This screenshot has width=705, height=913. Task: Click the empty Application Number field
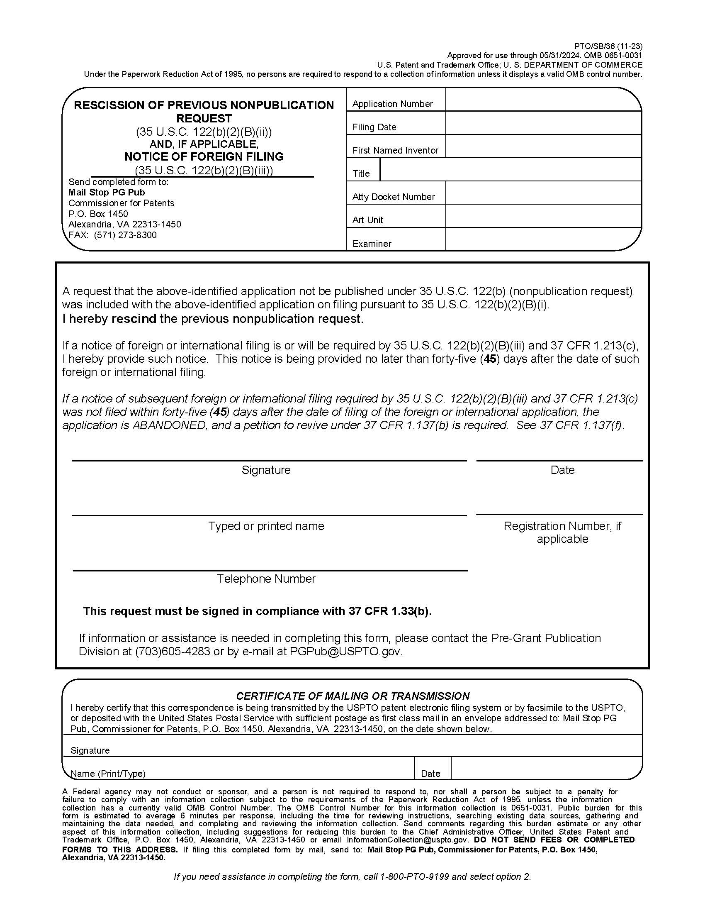pos(543,100)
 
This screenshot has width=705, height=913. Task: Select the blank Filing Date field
pos(543,123)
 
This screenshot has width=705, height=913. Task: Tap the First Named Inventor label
pos(395,150)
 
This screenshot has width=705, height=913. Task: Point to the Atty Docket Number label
pos(394,197)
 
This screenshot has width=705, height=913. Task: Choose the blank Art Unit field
pos(543,216)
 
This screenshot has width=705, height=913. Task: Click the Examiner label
pos(372,244)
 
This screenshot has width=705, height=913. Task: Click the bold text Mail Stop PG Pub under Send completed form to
pos(107,192)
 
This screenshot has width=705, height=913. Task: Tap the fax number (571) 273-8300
pos(125,235)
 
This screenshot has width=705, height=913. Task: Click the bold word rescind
pos(134,319)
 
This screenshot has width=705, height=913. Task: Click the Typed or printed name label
pos(266,526)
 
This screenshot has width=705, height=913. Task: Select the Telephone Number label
pos(266,579)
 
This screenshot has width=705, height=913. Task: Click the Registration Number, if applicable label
pos(562,532)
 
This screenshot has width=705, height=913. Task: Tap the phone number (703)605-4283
pos(173,651)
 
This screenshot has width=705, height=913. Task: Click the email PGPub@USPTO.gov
pos(346,651)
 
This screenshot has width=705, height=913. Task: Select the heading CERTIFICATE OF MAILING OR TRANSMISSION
pos(352,696)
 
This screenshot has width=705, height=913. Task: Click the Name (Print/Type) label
pos(108,774)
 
